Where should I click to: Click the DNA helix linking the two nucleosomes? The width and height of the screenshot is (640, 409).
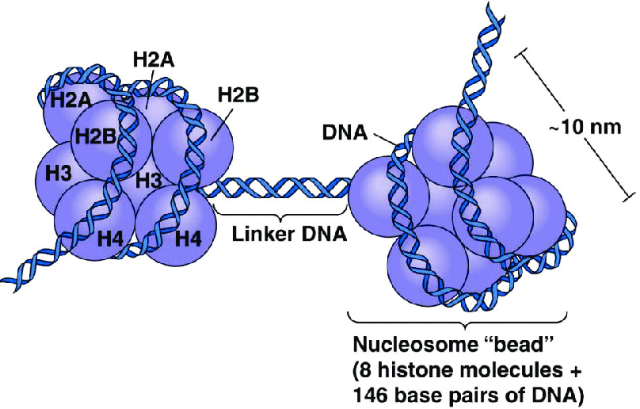click(277, 188)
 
